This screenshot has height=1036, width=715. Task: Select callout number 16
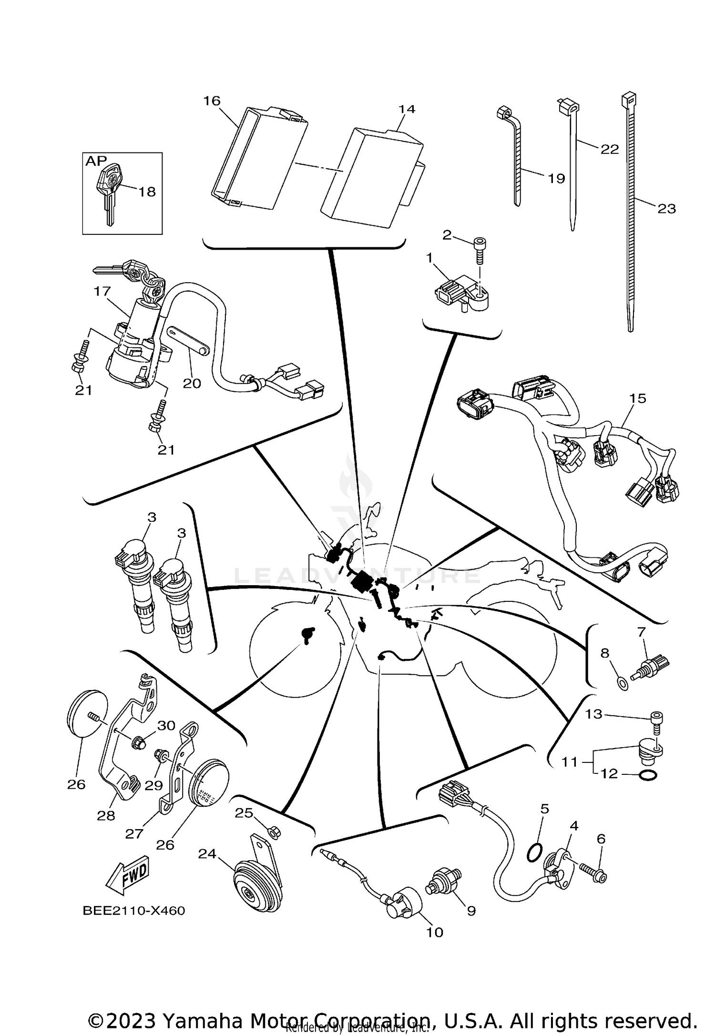coord(212,101)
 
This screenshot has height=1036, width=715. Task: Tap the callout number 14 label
coord(407,109)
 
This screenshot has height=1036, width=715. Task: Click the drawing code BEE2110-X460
coord(133,911)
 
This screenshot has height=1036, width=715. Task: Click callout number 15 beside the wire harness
coord(638,398)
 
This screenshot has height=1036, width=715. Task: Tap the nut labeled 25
coord(275,833)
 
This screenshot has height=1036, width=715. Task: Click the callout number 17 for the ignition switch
coord(102,291)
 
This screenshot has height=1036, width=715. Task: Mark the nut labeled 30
coord(139,742)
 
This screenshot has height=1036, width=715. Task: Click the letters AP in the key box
coord(96,161)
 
